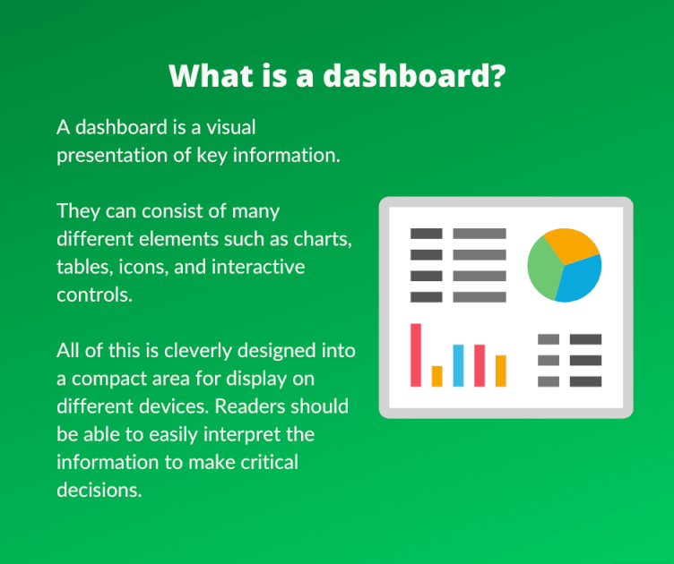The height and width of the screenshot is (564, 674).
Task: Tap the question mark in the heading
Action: (x=498, y=76)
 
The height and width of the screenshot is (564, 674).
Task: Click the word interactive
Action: (x=258, y=267)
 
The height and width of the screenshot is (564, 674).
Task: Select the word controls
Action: (x=95, y=295)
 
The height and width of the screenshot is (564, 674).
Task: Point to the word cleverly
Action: (x=198, y=351)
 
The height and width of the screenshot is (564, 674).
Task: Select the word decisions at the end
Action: (x=99, y=491)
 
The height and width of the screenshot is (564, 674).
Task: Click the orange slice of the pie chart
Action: (x=570, y=245)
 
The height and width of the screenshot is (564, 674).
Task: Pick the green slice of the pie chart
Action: (x=544, y=269)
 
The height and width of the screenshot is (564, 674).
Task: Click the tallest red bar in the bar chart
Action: (x=416, y=355)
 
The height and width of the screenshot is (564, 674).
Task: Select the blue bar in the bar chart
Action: (x=458, y=365)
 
